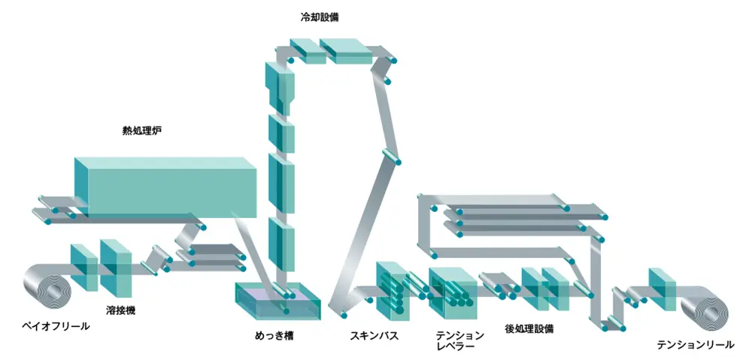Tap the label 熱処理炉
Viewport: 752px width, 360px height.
tap(142, 131)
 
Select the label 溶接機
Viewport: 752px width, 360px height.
tap(120, 309)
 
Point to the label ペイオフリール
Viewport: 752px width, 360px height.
tap(54, 326)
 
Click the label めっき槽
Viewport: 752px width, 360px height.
tap(274, 335)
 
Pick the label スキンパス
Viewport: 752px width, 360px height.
tap(374, 335)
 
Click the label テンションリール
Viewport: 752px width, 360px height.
tap(696, 344)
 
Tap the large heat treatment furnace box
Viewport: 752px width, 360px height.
tap(165, 186)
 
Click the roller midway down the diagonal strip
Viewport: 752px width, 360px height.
tap(391, 156)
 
